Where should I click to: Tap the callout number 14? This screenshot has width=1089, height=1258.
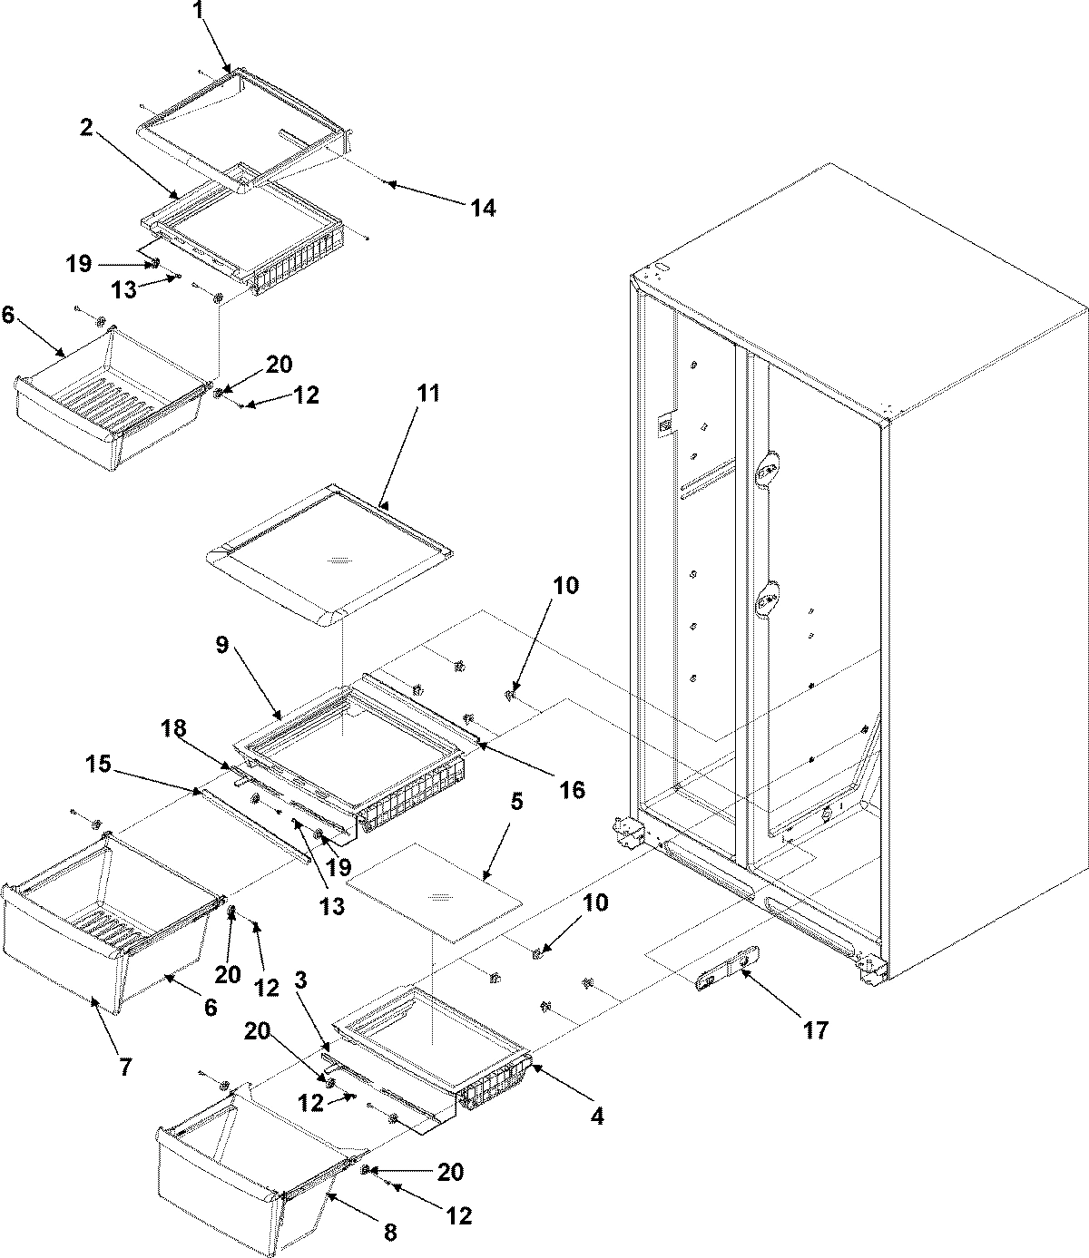(483, 208)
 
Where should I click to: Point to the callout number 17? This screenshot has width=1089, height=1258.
(816, 1030)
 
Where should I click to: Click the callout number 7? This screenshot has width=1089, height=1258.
(124, 1067)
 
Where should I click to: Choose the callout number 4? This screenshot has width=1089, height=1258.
(596, 1117)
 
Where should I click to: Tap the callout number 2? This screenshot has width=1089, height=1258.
(85, 128)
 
